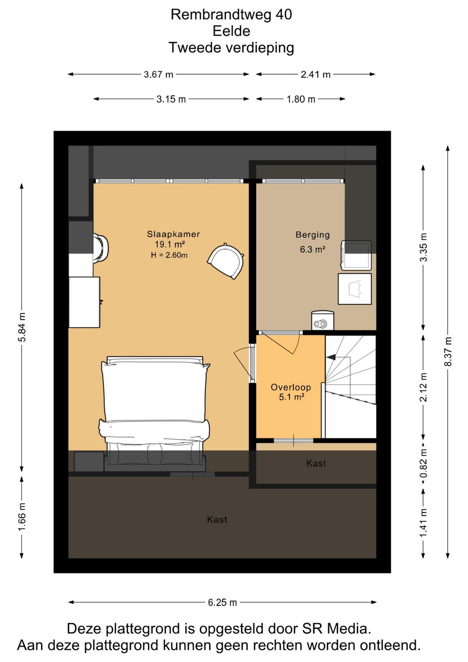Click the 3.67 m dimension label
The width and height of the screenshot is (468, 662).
pos(158,75)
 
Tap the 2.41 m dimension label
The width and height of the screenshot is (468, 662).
pos(315,75)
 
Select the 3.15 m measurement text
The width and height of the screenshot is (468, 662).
pos(171,99)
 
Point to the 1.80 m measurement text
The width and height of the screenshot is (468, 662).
pos(301,99)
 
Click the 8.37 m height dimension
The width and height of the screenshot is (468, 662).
pos(448,352)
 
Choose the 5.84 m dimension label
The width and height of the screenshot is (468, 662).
pos(22,327)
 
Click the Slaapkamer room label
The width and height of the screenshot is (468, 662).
pos(173,234)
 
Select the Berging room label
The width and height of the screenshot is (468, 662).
pos(313,235)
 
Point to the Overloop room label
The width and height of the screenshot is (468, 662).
pos(291,387)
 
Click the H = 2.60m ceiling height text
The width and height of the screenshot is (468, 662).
pos(169,255)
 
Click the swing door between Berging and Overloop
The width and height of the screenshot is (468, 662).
pos(280,343)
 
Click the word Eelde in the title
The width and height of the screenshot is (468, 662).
pos(231,31)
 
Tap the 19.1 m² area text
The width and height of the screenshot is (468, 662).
pos(170,245)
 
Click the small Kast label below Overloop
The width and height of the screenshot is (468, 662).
pos(316,463)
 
